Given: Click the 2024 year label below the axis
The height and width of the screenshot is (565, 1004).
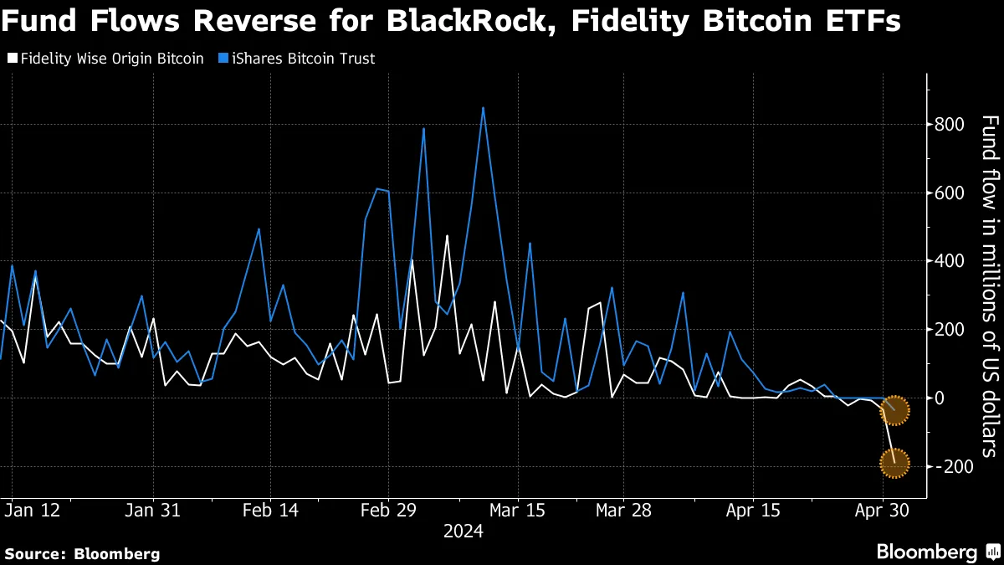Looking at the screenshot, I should point(463,531).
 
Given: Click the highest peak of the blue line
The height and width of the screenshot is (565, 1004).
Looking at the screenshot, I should point(483,107).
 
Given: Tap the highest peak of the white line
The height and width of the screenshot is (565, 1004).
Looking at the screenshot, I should point(447,236).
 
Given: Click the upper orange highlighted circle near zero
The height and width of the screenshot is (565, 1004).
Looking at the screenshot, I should point(894,410).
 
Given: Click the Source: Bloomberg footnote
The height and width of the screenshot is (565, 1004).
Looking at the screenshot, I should point(82,553).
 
